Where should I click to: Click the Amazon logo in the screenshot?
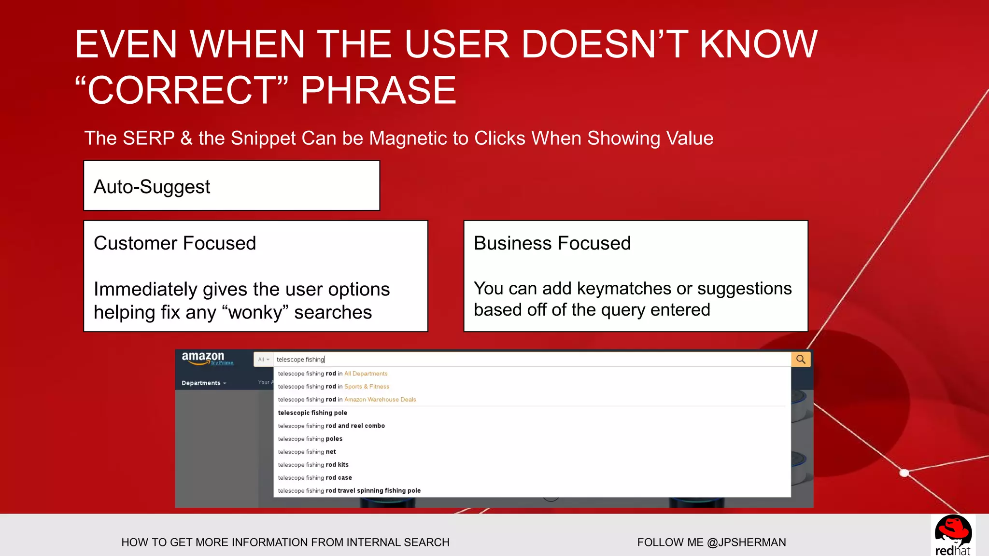click(203, 358)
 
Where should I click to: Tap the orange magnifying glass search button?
click(801, 360)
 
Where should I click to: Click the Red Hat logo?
click(953, 535)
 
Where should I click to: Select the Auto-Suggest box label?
click(152, 187)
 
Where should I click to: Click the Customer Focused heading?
click(174, 243)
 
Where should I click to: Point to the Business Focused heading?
click(552, 243)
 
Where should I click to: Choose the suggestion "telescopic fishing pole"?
click(312, 413)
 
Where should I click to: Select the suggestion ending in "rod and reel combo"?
click(331, 426)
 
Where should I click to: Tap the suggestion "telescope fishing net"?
click(307, 452)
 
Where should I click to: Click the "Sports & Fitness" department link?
click(367, 387)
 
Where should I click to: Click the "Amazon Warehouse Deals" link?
click(380, 400)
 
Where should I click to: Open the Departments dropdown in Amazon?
click(203, 383)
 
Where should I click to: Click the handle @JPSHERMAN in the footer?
click(746, 542)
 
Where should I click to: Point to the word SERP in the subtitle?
click(148, 139)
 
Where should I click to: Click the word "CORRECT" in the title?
click(181, 90)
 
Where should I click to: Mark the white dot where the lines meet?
click(904, 473)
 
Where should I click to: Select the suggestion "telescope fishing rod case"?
click(315, 478)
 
